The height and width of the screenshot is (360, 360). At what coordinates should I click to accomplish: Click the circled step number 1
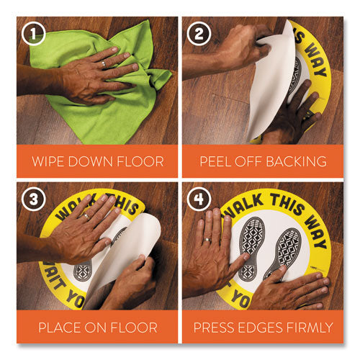(x=33, y=33)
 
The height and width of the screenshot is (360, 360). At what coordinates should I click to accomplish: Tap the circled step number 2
(x=199, y=33)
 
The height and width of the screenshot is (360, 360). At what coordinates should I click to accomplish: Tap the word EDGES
(x=261, y=328)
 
